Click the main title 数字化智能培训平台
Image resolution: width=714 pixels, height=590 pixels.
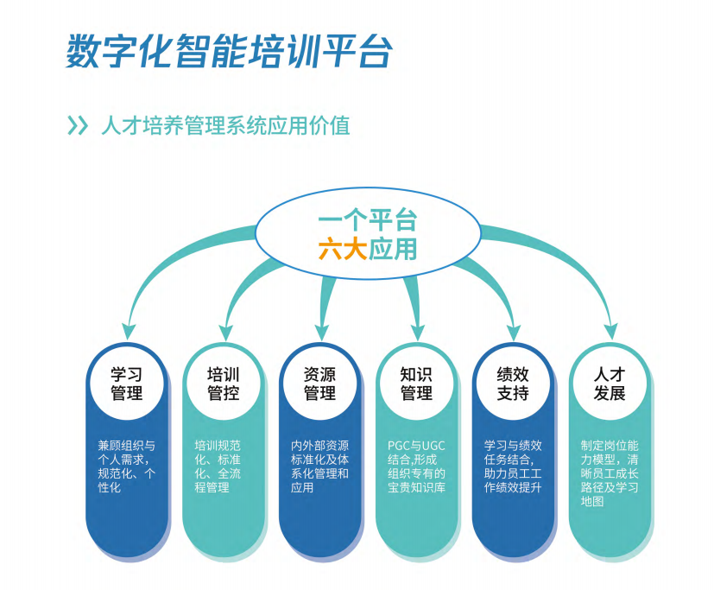tap(229, 52)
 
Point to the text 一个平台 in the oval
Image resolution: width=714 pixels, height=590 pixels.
tap(367, 219)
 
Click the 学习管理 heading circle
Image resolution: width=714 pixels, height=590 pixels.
tap(127, 384)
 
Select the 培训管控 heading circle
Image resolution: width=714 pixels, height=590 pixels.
tap(224, 384)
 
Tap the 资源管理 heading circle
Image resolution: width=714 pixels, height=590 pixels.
tap(319, 384)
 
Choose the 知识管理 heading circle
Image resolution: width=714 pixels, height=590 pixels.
tap(416, 384)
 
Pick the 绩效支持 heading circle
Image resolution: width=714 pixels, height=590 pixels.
tap(513, 384)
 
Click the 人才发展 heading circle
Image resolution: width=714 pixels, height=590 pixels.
tap(610, 384)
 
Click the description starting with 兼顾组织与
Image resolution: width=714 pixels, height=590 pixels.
tap(126, 466)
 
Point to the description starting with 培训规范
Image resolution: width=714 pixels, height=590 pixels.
tap(223, 466)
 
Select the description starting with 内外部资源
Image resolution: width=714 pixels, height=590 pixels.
tap(319, 466)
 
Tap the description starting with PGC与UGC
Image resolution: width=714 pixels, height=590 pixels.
tap(416, 466)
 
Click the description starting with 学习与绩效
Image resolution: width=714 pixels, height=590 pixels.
tap(513, 466)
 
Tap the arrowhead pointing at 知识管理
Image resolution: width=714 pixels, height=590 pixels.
tap(419, 328)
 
